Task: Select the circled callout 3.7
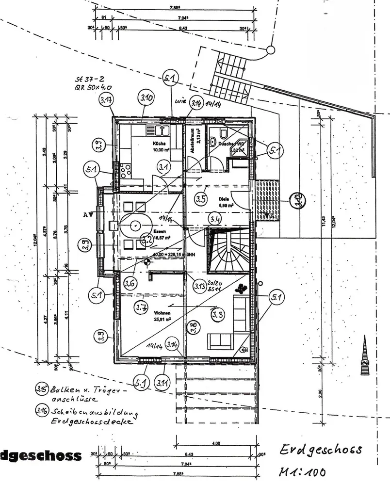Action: pyautogui.click(x=142, y=307)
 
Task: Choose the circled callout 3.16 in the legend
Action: pyautogui.click(x=41, y=412)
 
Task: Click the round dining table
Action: pyautogui.click(x=134, y=226)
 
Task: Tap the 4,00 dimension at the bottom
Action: pyautogui.click(x=216, y=443)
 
